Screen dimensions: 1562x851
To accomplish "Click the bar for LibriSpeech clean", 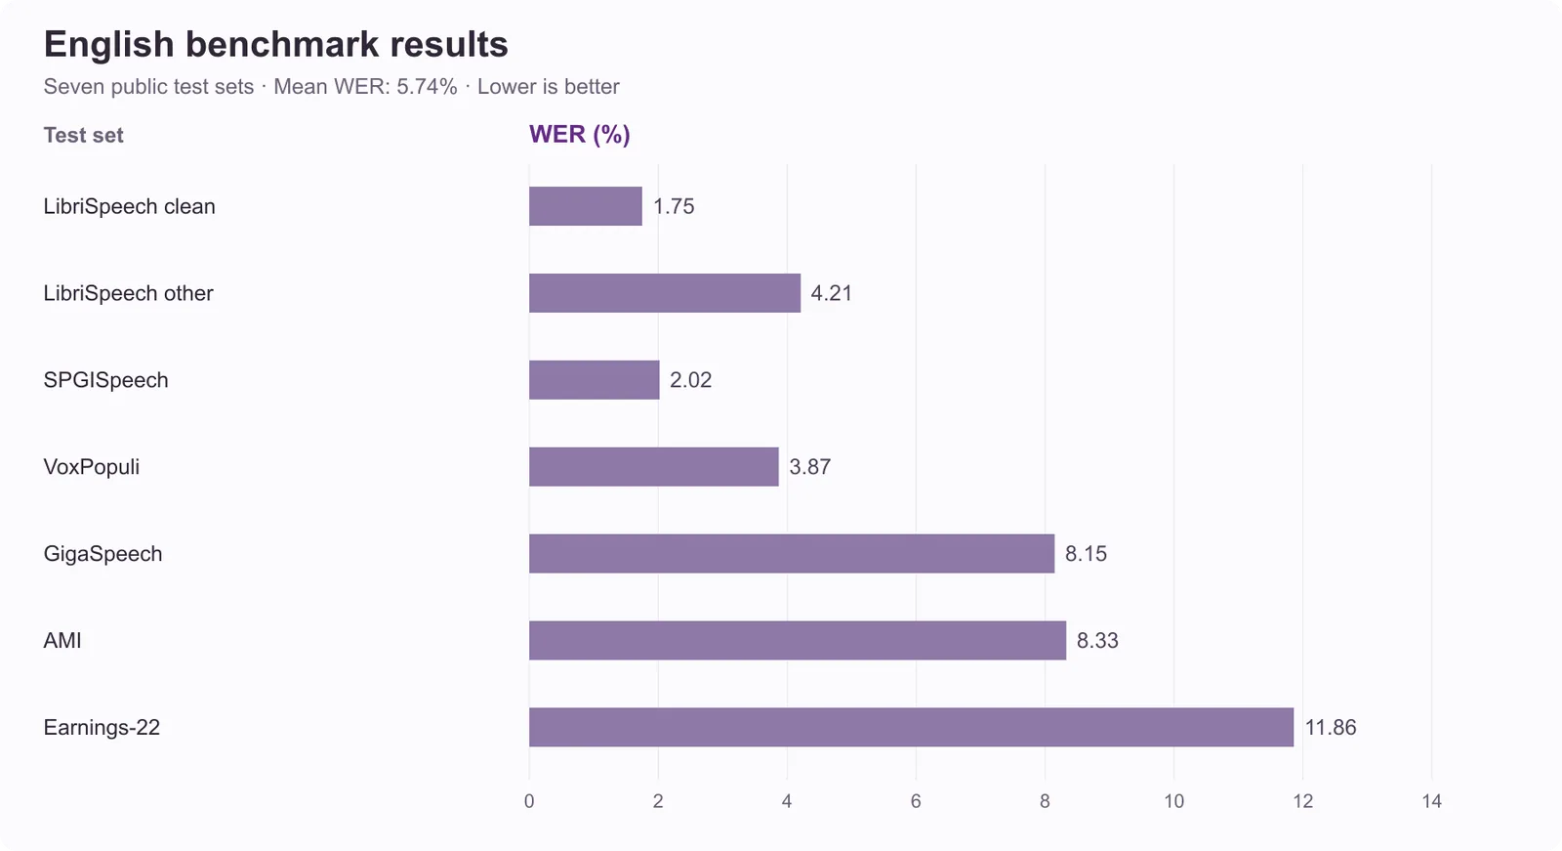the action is (585, 206).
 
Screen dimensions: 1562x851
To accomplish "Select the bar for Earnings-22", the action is (912, 727).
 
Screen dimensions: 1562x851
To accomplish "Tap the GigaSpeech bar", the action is (792, 553).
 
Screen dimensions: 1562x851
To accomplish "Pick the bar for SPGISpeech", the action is (595, 380).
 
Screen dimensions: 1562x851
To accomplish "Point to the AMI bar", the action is (798, 640).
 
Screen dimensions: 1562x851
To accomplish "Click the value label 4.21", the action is (831, 293).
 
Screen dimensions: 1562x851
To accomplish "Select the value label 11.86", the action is (1331, 728).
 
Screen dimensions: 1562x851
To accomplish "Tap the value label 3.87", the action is (809, 466).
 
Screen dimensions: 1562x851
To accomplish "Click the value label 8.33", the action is (1097, 640).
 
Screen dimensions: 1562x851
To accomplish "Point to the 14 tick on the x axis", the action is (1431, 801).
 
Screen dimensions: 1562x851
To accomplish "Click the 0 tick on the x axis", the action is (529, 801).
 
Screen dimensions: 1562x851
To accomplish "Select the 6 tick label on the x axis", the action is (916, 801).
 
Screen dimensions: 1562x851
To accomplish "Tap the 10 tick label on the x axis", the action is (1173, 801).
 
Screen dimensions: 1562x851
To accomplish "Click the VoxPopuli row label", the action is (92, 466).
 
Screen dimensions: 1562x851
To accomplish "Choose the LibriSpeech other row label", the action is (128, 293).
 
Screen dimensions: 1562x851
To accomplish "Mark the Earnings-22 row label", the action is (102, 728).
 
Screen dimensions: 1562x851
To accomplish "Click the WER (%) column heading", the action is (580, 134).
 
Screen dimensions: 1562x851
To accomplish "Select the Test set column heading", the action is (83, 135).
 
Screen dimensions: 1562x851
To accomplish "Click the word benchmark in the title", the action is (282, 44).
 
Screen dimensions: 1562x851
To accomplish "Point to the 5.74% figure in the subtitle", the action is (427, 87).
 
